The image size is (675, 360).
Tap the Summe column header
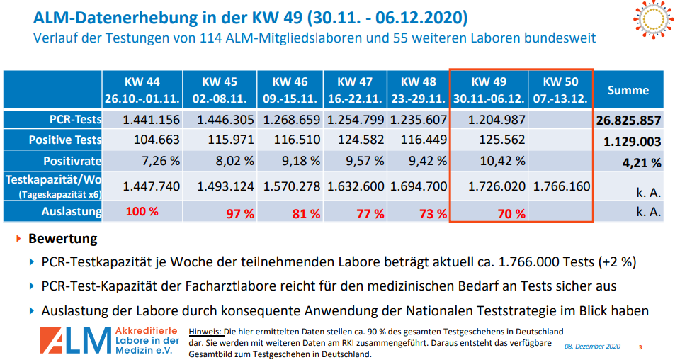click(x=628, y=91)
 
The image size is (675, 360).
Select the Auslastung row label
click(x=71, y=211)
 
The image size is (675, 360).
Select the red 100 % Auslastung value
click(x=142, y=211)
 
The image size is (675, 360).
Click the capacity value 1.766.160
click(x=562, y=187)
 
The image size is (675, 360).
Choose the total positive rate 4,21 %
click(x=642, y=163)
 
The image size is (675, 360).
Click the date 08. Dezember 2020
click(x=592, y=347)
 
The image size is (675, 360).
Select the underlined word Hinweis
click(x=205, y=331)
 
